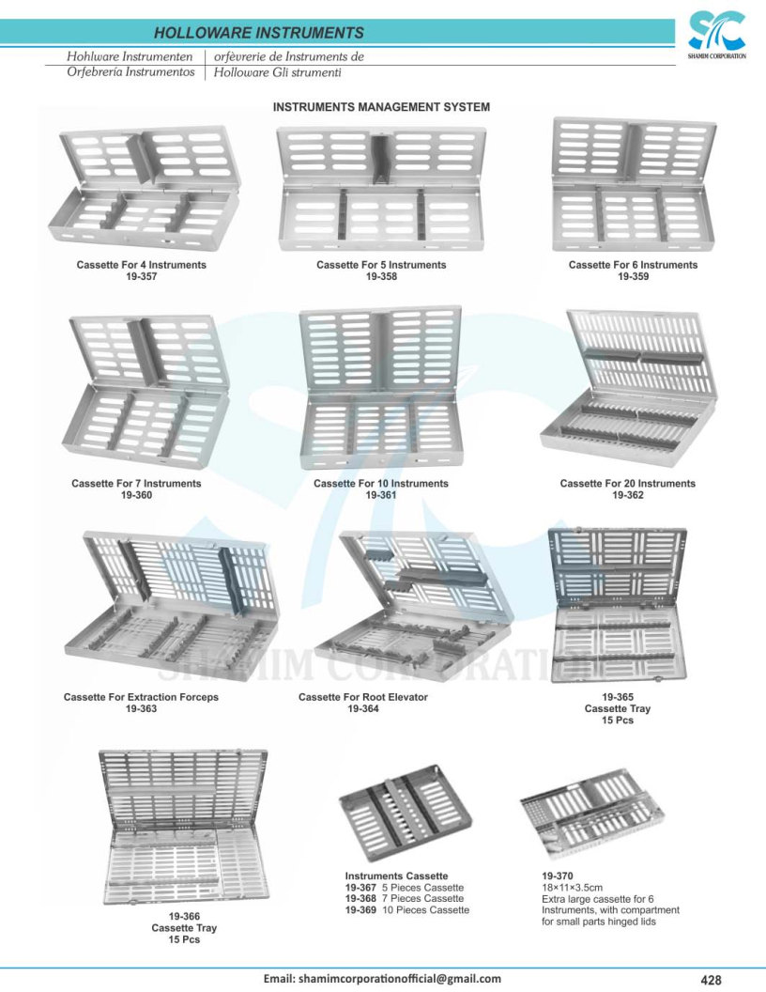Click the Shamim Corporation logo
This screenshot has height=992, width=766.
pos(716,35)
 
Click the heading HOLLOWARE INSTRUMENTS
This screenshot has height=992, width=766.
pos(259,33)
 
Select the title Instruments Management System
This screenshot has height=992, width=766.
pos(381,107)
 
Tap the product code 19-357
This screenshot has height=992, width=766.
pos(142,276)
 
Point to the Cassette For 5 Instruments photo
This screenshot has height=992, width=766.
pos(381,189)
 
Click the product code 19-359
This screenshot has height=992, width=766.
pos(634,276)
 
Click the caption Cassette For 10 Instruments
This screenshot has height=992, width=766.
pos(381,484)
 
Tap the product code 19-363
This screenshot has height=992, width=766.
pos(141,708)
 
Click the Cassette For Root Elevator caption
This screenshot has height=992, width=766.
pos(363,697)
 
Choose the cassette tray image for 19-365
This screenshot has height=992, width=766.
pos(618,605)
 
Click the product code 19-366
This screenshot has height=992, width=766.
pos(184,916)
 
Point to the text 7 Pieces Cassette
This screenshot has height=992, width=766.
pos(422,898)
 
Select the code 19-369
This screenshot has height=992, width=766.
pos(360,909)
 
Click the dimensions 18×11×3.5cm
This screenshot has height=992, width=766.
pos(572,888)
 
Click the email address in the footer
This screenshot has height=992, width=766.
pos(382,979)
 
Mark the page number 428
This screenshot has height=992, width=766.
pos(711,980)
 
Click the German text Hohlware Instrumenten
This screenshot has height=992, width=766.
pos(130,56)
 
